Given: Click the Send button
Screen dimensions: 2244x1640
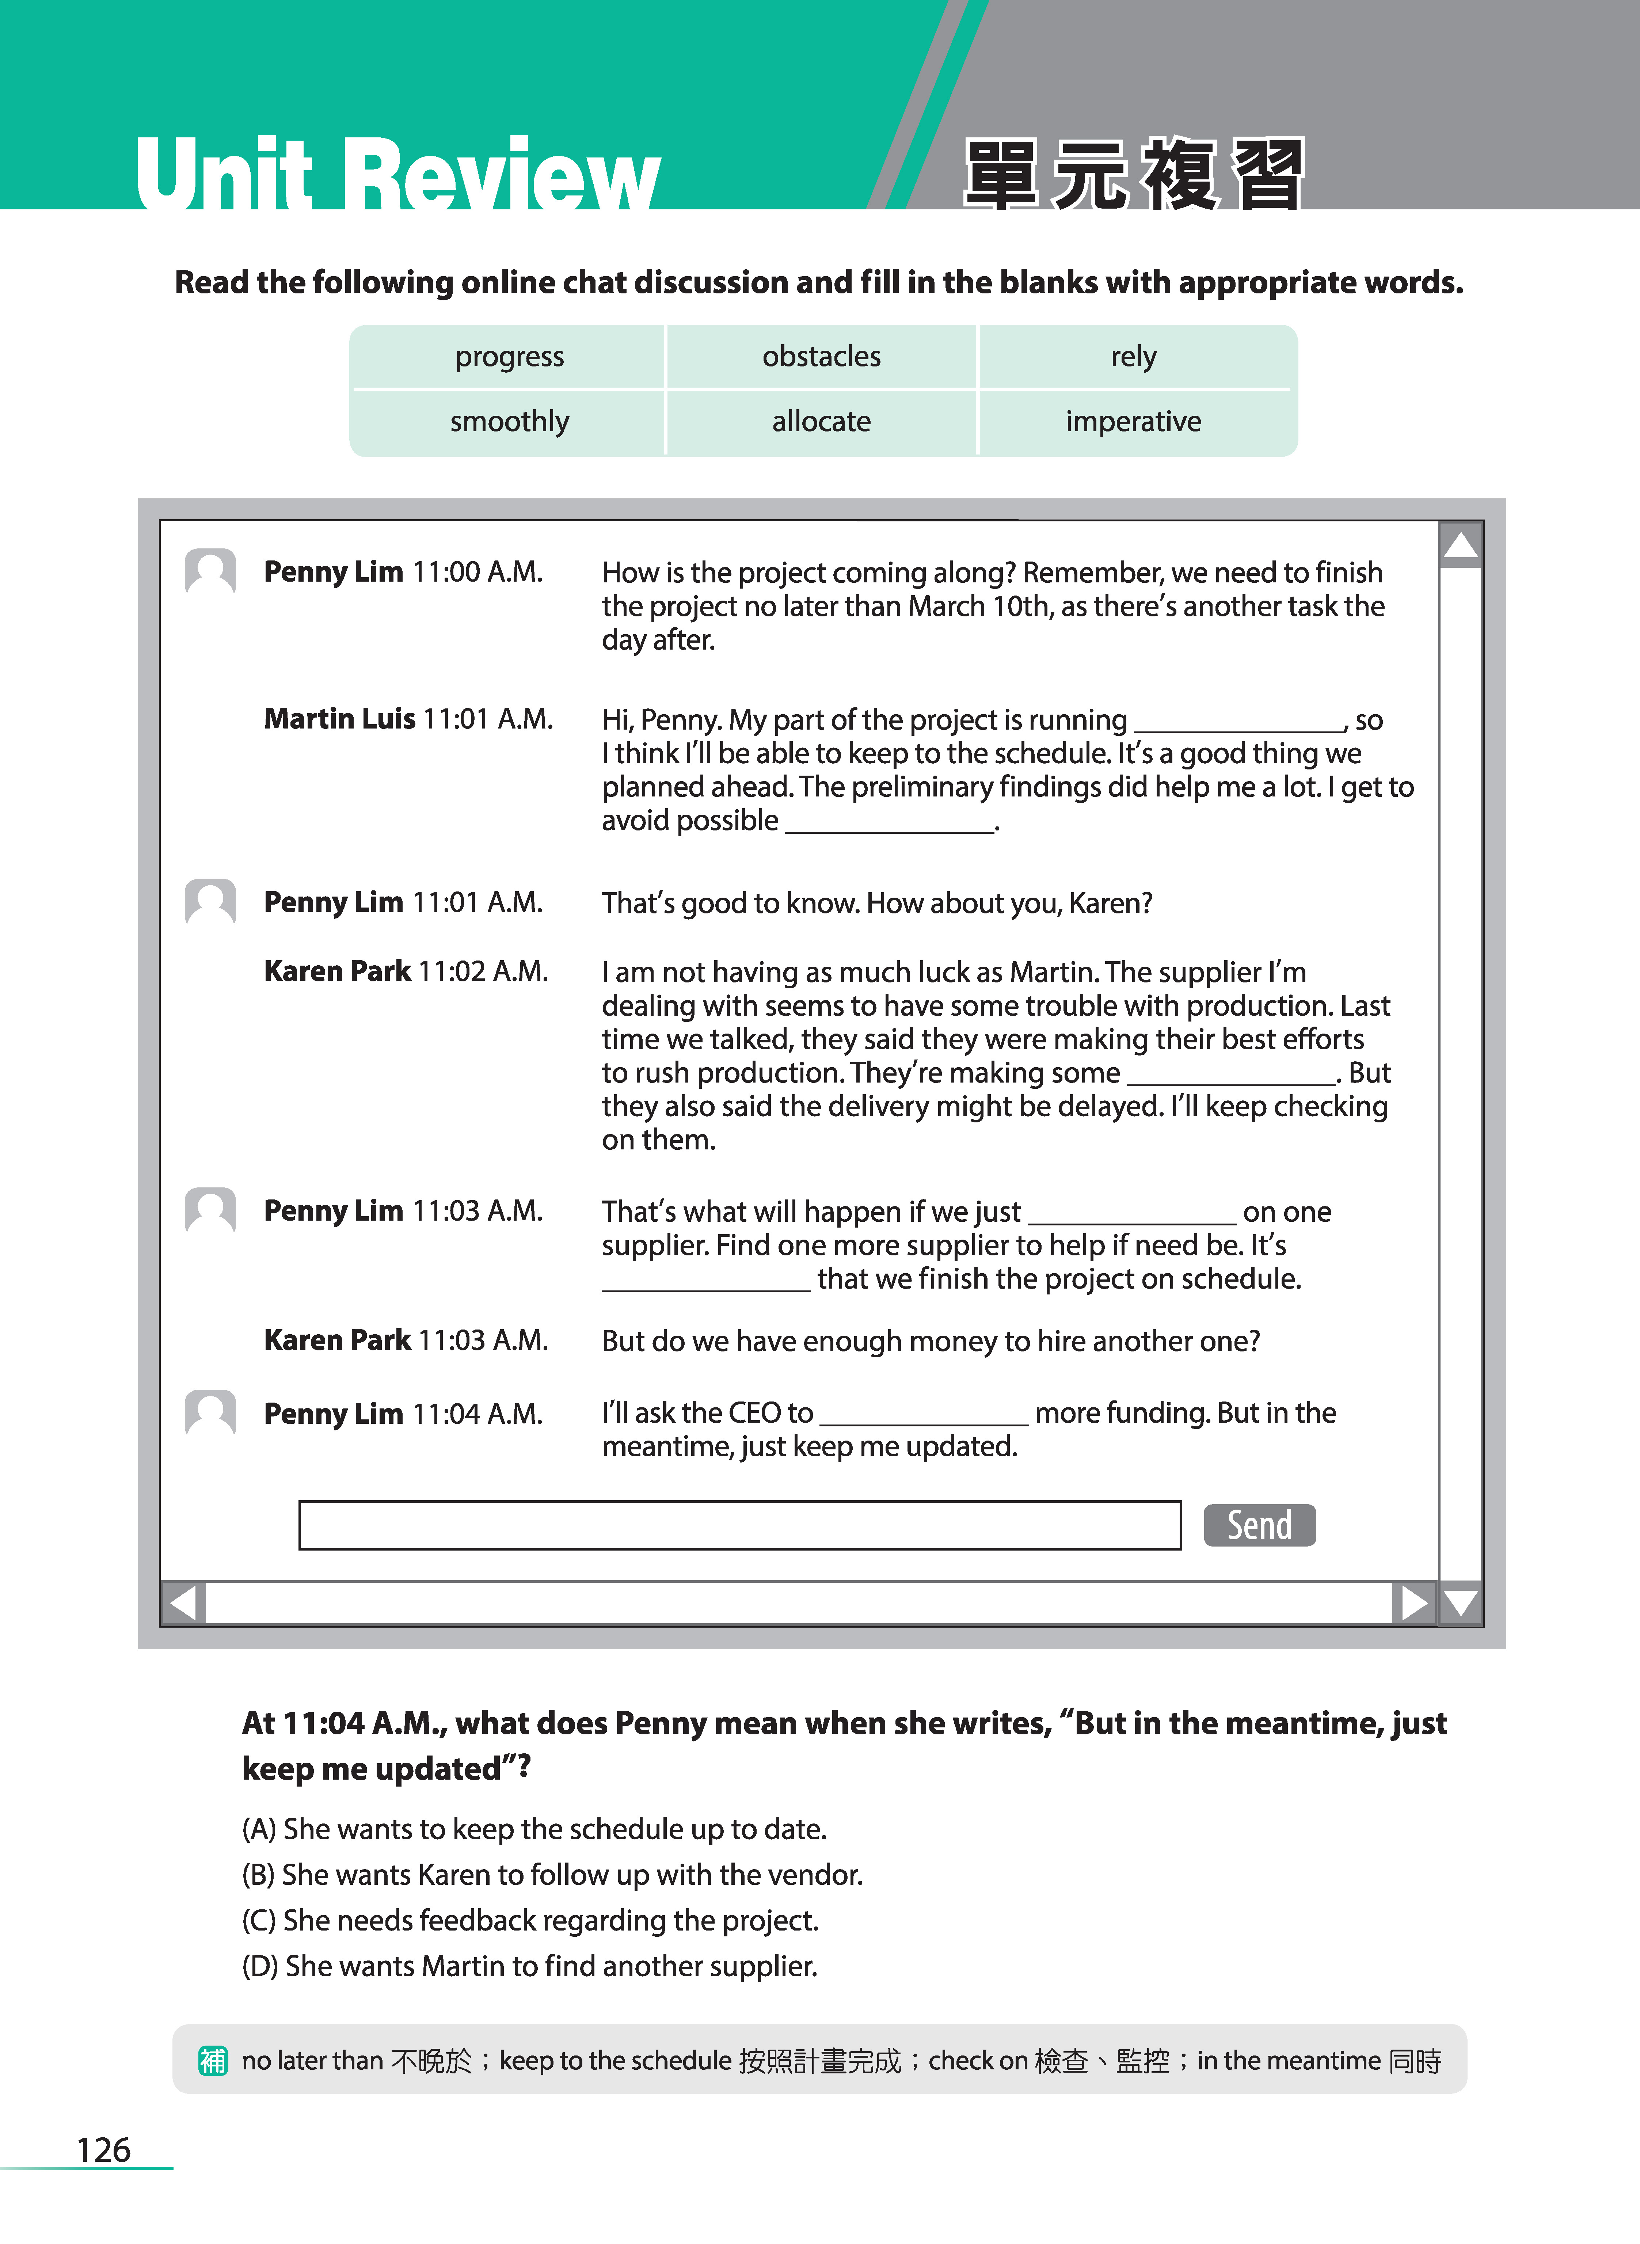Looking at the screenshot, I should pos(1259,1525).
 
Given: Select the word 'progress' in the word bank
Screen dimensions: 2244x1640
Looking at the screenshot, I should pos(509,356).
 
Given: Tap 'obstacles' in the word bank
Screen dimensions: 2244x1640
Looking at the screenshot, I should pos(821,356).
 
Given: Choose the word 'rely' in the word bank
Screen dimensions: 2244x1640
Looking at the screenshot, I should pos(1133,356).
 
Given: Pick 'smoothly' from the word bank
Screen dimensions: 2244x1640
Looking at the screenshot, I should pos(509,422).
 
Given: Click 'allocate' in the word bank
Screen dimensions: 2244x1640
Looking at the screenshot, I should pos(821,422).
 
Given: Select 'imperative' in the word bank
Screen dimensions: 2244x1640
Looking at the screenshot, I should pos(1133,422).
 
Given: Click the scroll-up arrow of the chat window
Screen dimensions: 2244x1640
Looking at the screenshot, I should pos(1460,545).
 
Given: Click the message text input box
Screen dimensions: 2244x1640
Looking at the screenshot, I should pos(739,1525).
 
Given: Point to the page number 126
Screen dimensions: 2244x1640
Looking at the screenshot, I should pos(103,2150).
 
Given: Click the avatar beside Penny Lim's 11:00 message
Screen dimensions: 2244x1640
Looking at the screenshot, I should pos(210,572).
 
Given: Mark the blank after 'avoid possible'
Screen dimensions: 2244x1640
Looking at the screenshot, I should pos(890,822).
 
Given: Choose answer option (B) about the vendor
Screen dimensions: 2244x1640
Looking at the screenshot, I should pos(552,1875).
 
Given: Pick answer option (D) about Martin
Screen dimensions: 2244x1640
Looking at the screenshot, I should pos(529,1966).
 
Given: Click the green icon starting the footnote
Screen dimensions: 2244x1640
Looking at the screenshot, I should pos(213,2060).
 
